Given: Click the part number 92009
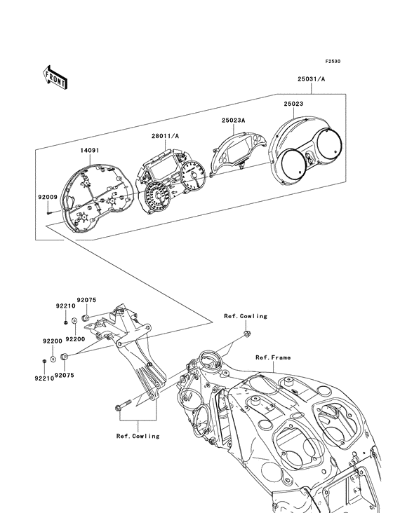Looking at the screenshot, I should pyautogui.click(x=47, y=198).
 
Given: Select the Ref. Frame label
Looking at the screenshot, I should pyautogui.click(x=272, y=357).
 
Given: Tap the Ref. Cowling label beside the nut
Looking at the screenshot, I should pyautogui.click(x=246, y=316).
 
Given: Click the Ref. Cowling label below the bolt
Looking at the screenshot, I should pyautogui.click(x=138, y=436).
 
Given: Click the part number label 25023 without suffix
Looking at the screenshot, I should pyautogui.click(x=294, y=104).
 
